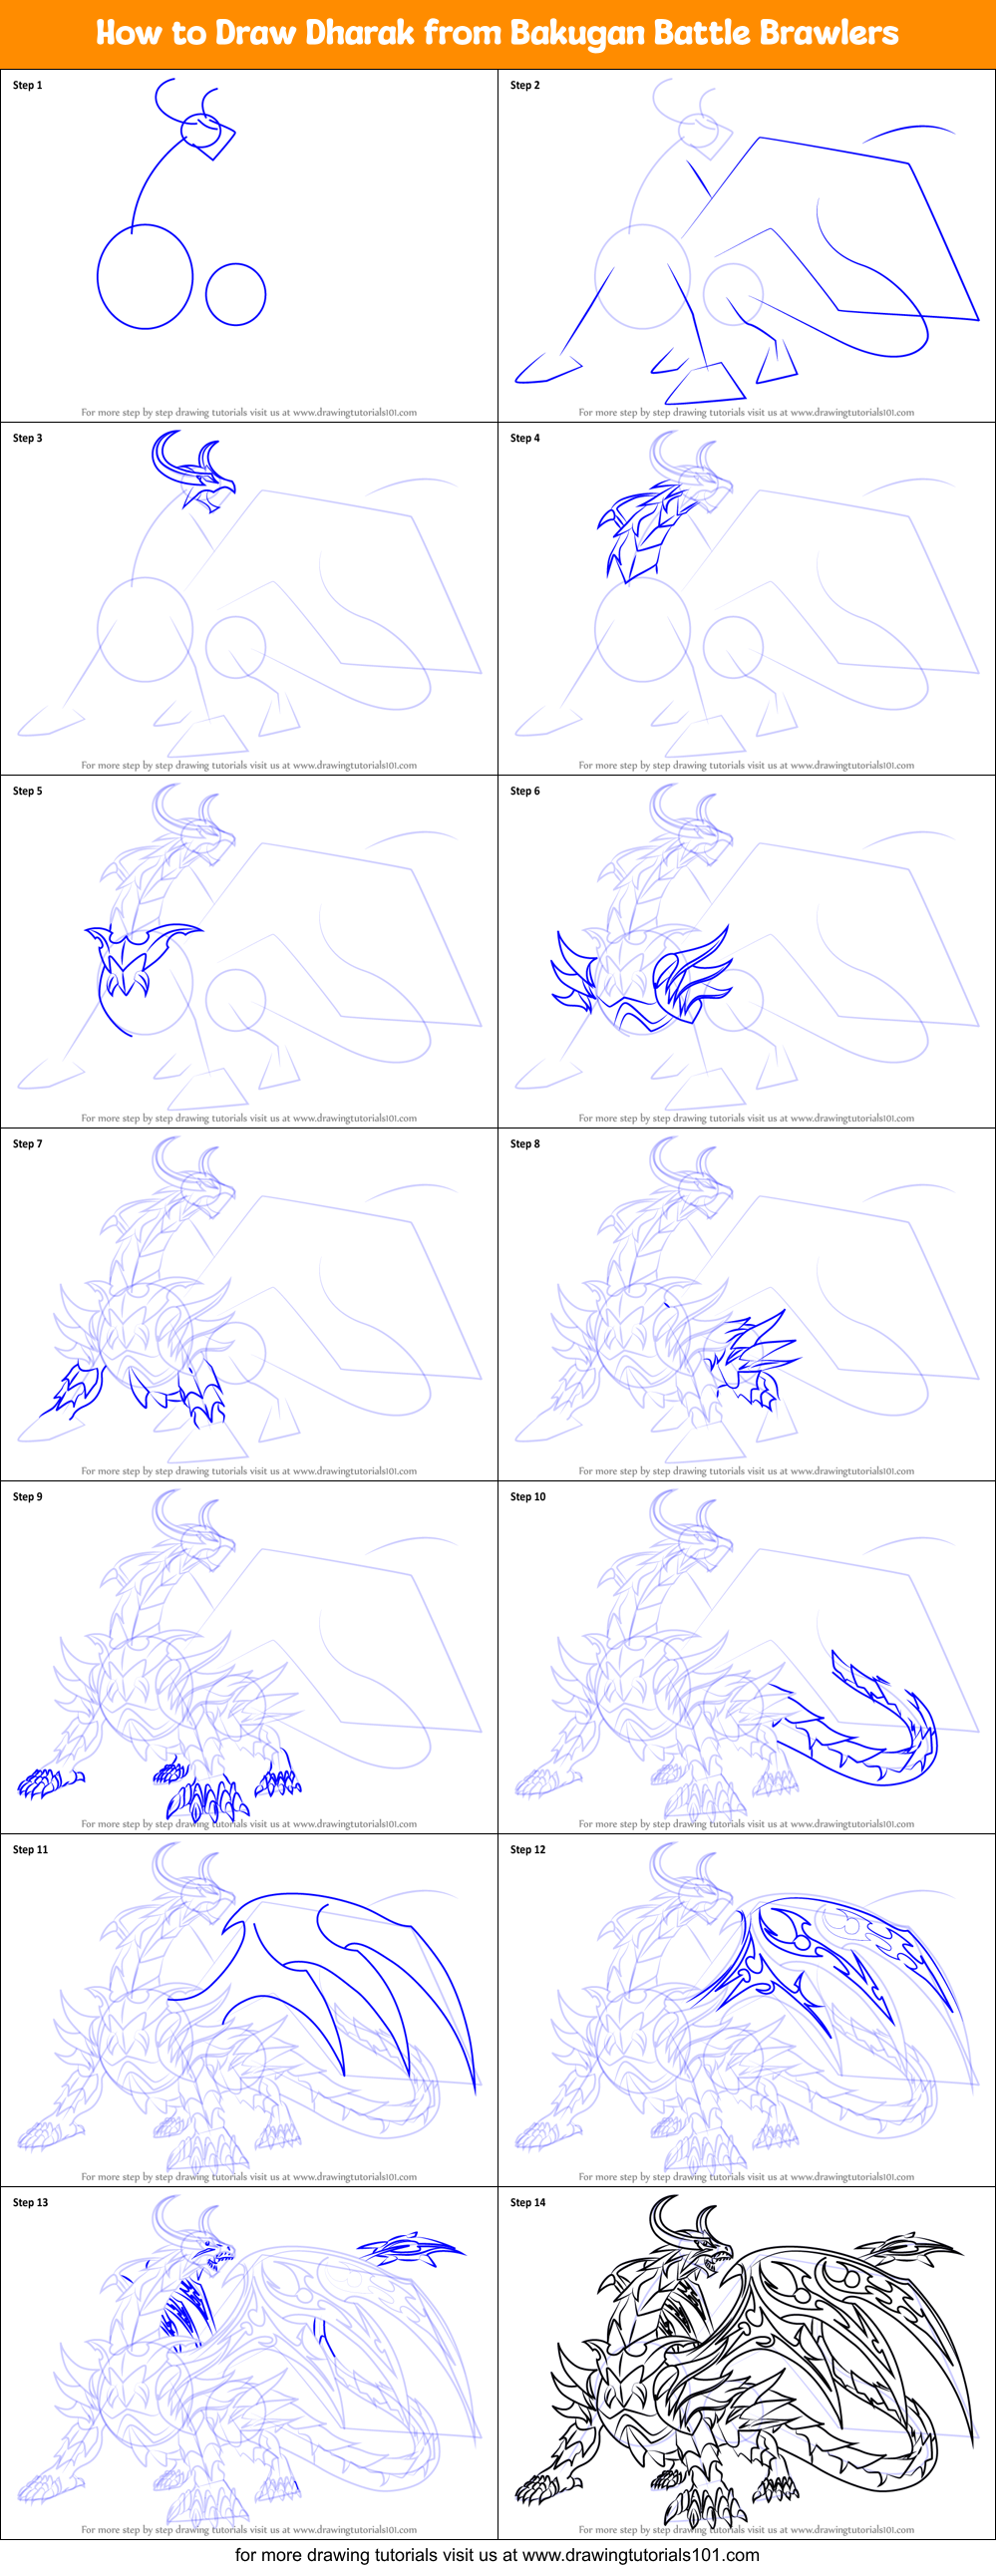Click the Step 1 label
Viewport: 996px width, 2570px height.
(x=28, y=85)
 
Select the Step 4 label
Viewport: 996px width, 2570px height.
(x=525, y=438)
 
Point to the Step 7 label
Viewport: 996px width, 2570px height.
(x=28, y=1143)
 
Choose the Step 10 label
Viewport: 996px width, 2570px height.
(x=528, y=1496)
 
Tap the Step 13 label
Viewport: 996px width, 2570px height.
(x=31, y=2202)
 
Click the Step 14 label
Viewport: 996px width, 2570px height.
(x=528, y=2202)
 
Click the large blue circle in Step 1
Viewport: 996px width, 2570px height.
(x=145, y=276)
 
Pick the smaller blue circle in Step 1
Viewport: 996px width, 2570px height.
(x=235, y=294)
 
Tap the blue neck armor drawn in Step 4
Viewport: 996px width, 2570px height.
(x=639, y=528)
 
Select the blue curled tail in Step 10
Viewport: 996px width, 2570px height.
(x=878, y=1736)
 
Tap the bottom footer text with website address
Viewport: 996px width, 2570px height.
(x=497, y=2554)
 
